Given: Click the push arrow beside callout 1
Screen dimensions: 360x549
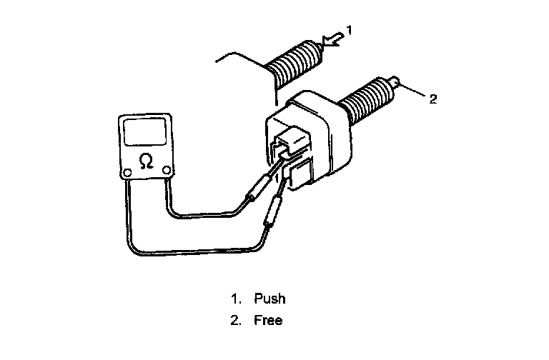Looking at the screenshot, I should [332, 42].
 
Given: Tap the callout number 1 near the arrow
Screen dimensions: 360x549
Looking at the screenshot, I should [350, 29].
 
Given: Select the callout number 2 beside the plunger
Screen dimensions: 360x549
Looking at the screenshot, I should [432, 99].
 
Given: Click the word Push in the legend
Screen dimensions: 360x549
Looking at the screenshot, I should [269, 298].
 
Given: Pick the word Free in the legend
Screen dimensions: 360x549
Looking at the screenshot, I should [268, 320].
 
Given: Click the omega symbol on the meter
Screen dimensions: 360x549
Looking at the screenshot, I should [146, 163].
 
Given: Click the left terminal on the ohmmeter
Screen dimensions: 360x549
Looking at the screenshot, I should [127, 171].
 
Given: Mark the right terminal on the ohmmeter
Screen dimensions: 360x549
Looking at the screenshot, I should [167, 170].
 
